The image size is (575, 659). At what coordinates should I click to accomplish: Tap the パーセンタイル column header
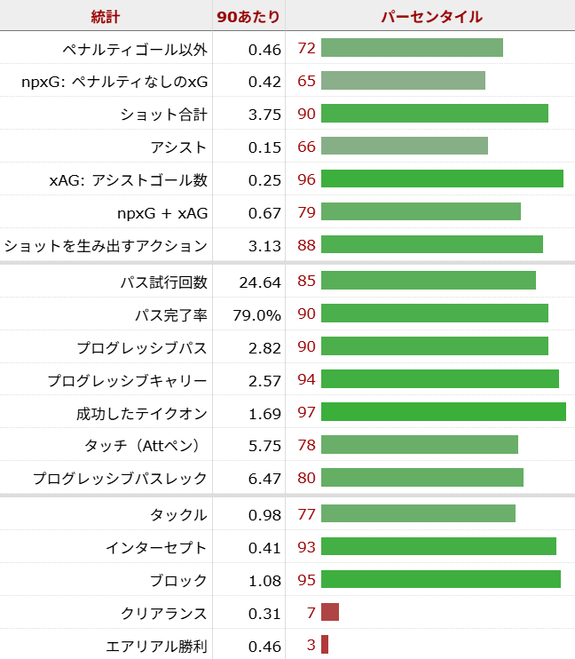tap(431, 17)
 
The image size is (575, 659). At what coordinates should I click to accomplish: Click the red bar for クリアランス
tap(330, 613)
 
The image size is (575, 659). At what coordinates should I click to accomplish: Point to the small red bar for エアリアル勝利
tap(325, 645)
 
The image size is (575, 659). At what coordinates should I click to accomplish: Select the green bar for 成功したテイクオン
tap(443, 412)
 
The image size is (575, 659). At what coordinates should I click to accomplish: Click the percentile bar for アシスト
tap(404, 147)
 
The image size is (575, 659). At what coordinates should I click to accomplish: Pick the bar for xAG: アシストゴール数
tap(442, 179)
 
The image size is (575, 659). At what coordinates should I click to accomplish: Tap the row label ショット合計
tap(163, 115)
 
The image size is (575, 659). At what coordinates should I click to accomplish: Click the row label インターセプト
tap(159, 548)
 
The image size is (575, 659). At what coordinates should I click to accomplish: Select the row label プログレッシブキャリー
tap(128, 381)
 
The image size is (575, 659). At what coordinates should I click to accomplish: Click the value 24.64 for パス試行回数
tap(260, 282)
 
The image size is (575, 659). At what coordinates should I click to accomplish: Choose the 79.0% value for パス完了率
tap(257, 315)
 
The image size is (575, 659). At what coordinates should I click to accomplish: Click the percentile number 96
tap(307, 179)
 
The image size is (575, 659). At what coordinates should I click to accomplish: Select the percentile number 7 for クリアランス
tap(311, 613)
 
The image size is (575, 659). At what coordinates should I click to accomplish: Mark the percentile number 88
tap(307, 245)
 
